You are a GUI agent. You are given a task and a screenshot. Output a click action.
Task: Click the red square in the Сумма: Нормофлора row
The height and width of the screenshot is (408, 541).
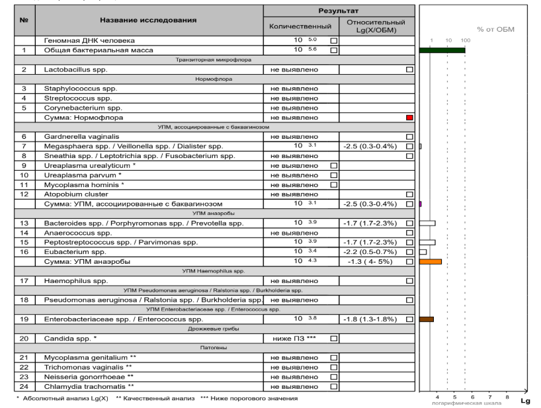pyautogui.click(x=410, y=117)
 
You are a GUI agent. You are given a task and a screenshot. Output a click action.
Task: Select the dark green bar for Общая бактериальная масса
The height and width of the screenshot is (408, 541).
pyautogui.click(x=442, y=50)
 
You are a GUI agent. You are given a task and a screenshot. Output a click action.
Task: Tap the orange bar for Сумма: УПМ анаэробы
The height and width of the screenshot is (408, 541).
pyautogui.click(x=430, y=262)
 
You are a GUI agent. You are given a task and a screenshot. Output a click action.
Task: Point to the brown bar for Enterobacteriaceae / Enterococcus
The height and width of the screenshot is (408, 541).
pyautogui.click(x=426, y=319)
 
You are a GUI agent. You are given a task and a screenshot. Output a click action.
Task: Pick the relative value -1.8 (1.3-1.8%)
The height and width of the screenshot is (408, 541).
pyautogui.click(x=372, y=319)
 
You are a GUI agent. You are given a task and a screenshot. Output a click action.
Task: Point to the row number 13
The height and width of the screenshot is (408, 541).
pyautogui.click(x=24, y=223)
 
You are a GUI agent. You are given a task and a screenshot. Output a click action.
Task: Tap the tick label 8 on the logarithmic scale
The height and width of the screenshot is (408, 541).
pyautogui.click(x=507, y=397)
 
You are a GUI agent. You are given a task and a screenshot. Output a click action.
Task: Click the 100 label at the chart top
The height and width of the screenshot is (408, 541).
pyautogui.click(x=465, y=41)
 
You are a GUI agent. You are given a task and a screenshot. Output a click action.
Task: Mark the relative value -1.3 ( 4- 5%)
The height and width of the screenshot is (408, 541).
pyautogui.click(x=372, y=262)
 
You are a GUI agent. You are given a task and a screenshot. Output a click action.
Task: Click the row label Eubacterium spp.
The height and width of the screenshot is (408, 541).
pyautogui.click(x=75, y=252)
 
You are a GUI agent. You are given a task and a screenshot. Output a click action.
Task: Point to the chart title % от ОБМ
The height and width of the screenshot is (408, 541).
pyautogui.click(x=495, y=29)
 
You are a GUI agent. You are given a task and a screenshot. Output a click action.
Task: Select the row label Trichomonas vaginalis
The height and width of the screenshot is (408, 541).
pyautogui.click(x=87, y=367)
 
